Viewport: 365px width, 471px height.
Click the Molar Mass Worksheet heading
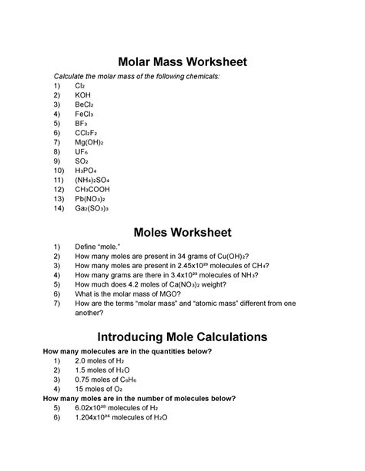pos(182,61)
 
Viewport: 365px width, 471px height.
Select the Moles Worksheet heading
pos(182,231)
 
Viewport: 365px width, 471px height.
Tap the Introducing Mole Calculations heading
pos(182,336)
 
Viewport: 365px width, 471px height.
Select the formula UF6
pos(83,153)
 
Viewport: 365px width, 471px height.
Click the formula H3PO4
pos(87,173)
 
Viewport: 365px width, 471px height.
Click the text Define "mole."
pos(97,247)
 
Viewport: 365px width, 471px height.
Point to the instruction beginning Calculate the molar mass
pos(135,78)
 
